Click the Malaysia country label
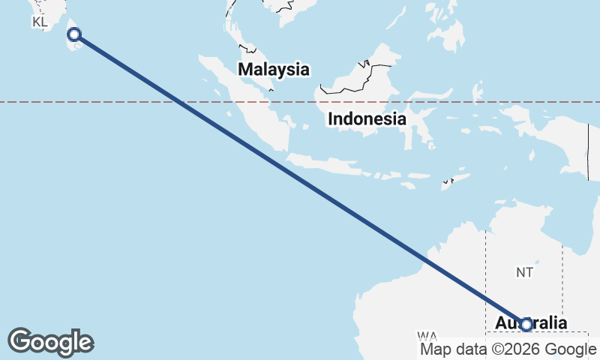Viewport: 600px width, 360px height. tap(274, 70)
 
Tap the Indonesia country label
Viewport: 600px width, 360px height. tap(367, 118)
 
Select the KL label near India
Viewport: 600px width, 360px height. tap(40, 22)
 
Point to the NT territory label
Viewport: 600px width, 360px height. tap(524, 272)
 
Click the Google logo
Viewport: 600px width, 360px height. tap(50, 342)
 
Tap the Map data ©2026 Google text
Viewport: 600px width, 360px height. tap(508, 349)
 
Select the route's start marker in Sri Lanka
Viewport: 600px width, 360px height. tap(74, 34)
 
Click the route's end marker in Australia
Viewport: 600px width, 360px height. tap(526, 325)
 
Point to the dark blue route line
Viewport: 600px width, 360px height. tap(300, 179)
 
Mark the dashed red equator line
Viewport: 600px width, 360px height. tap(112, 102)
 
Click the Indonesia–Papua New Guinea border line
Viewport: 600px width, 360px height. tap(588, 150)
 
